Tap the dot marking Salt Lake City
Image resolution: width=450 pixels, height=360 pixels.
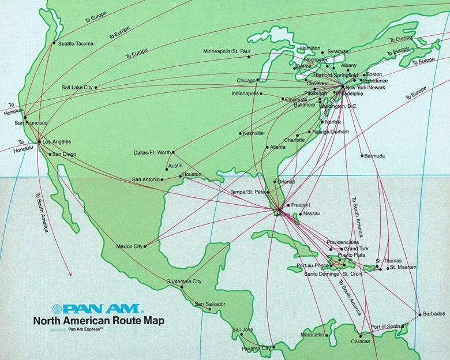(x=96, y=88)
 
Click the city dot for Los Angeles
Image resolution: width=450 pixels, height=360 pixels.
(x=39, y=141)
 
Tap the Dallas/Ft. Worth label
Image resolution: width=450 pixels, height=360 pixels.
(x=152, y=152)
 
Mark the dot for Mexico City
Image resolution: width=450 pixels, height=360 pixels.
(x=145, y=246)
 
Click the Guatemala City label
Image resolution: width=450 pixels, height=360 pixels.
(x=183, y=282)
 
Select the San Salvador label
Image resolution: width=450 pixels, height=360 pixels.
(x=209, y=304)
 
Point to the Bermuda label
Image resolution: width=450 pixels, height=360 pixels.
(x=374, y=156)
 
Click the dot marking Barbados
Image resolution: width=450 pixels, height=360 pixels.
(x=419, y=315)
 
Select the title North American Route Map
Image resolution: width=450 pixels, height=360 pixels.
(x=99, y=321)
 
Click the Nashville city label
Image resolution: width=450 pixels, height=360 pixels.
(x=253, y=133)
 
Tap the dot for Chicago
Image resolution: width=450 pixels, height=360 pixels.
(x=258, y=80)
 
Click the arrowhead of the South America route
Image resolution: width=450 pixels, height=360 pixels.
(x=70, y=273)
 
